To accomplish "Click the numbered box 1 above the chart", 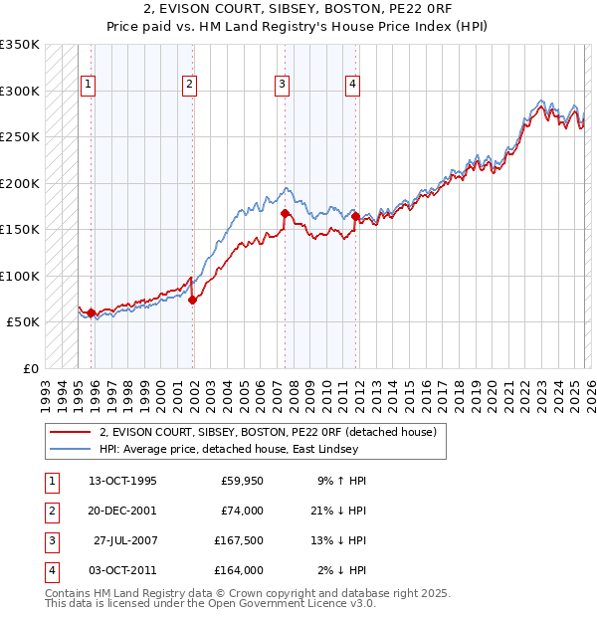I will tap(90, 86).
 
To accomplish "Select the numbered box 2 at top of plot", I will tap(189, 86).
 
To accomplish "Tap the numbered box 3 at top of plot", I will tap(283, 86).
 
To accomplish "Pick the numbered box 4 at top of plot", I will tap(352, 86).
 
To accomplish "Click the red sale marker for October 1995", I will tap(92, 313).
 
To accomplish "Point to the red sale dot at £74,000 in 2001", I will tap(192, 301).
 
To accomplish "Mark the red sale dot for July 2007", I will tap(285, 213).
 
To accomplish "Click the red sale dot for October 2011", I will tap(355, 216).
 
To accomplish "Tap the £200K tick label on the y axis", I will tap(20, 183).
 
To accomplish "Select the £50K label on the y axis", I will tap(23, 322).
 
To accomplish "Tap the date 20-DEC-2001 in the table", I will tap(122, 511).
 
